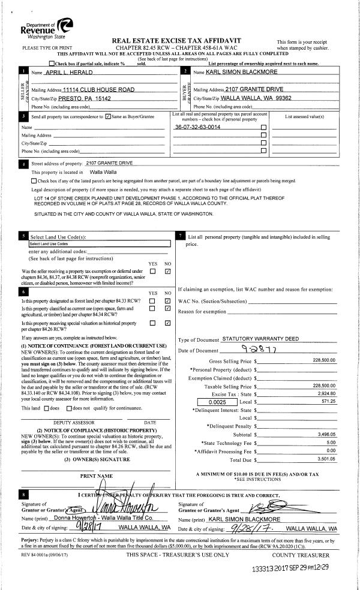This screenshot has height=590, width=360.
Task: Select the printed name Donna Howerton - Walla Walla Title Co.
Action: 103,516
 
